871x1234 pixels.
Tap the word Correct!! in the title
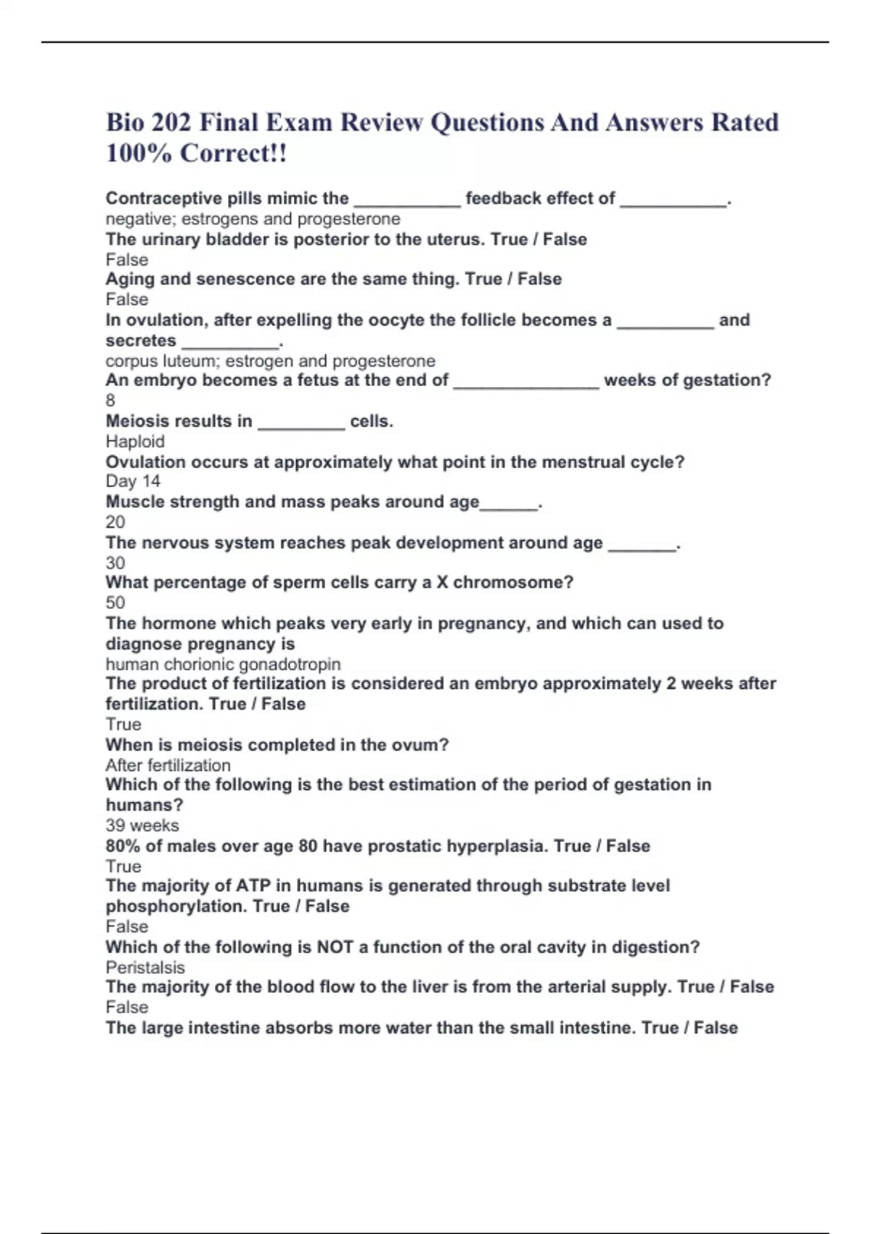click(233, 153)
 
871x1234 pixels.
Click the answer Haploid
click(135, 441)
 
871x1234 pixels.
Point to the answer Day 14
click(133, 481)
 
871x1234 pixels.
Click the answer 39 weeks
click(142, 825)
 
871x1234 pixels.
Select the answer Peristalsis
click(145, 968)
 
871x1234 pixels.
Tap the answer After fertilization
click(168, 765)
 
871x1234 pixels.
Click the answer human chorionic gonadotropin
click(223, 664)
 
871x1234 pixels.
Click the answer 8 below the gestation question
click(110, 400)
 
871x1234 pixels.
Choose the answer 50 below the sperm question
click(115, 602)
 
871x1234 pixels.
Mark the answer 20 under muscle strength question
click(115, 522)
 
